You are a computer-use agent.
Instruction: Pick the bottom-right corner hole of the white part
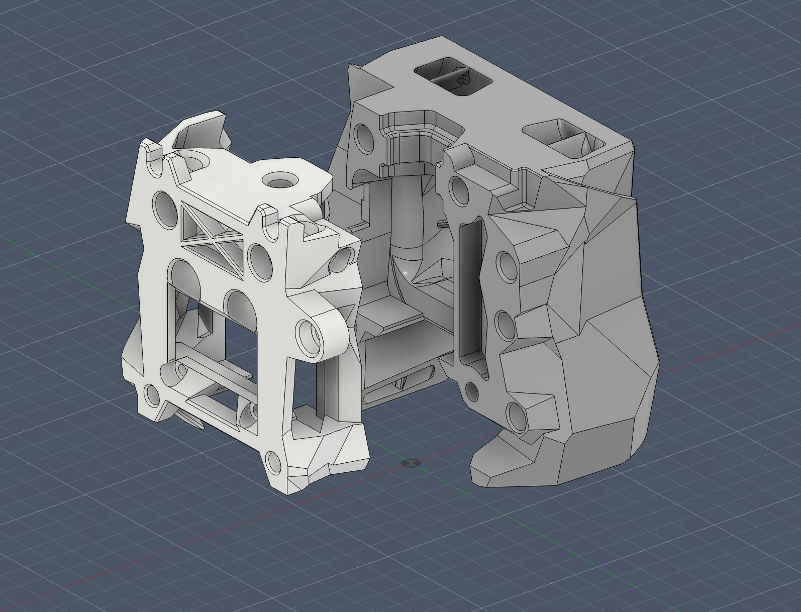pos(274,462)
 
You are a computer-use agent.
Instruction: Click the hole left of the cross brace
pos(165,205)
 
